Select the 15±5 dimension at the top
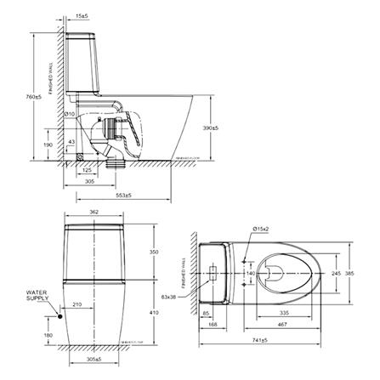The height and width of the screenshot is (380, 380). click(x=83, y=16)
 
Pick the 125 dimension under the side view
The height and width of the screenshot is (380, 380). click(x=88, y=170)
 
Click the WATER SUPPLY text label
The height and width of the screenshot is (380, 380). click(x=37, y=297)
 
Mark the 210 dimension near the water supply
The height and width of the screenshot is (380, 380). click(x=77, y=303)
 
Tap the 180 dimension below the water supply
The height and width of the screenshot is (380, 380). click(x=48, y=336)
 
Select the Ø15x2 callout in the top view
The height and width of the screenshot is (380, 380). click(x=264, y=228)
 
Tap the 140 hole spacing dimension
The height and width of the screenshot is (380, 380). click(x=250, y=274)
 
